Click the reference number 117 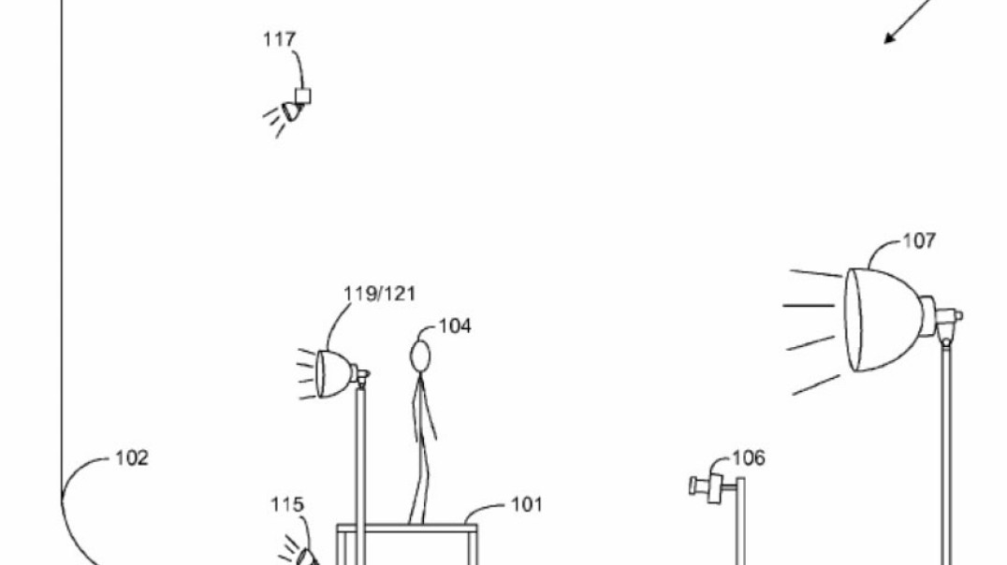coord(280,40)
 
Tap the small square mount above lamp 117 coord(302,96)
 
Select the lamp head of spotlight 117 coord(292,111)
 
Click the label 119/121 coord(380,294)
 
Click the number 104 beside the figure coord(455,326)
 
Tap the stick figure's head coord(420,356)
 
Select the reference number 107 coord(920,240)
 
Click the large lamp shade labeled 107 coord(883,320)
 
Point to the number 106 coord(749,457)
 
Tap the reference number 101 coord(527,504)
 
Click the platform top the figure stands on coord(407,529)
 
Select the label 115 coord(287,504)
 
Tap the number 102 coord(132,457)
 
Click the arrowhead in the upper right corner coord(890,37)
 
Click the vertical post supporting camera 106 coord(740,521)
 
